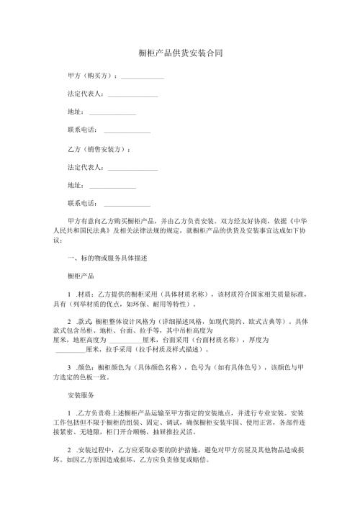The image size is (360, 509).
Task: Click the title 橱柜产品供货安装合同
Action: pos(180,53)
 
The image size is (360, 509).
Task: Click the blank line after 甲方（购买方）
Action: pos(143,76)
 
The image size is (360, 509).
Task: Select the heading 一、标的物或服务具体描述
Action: pos(107,258)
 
